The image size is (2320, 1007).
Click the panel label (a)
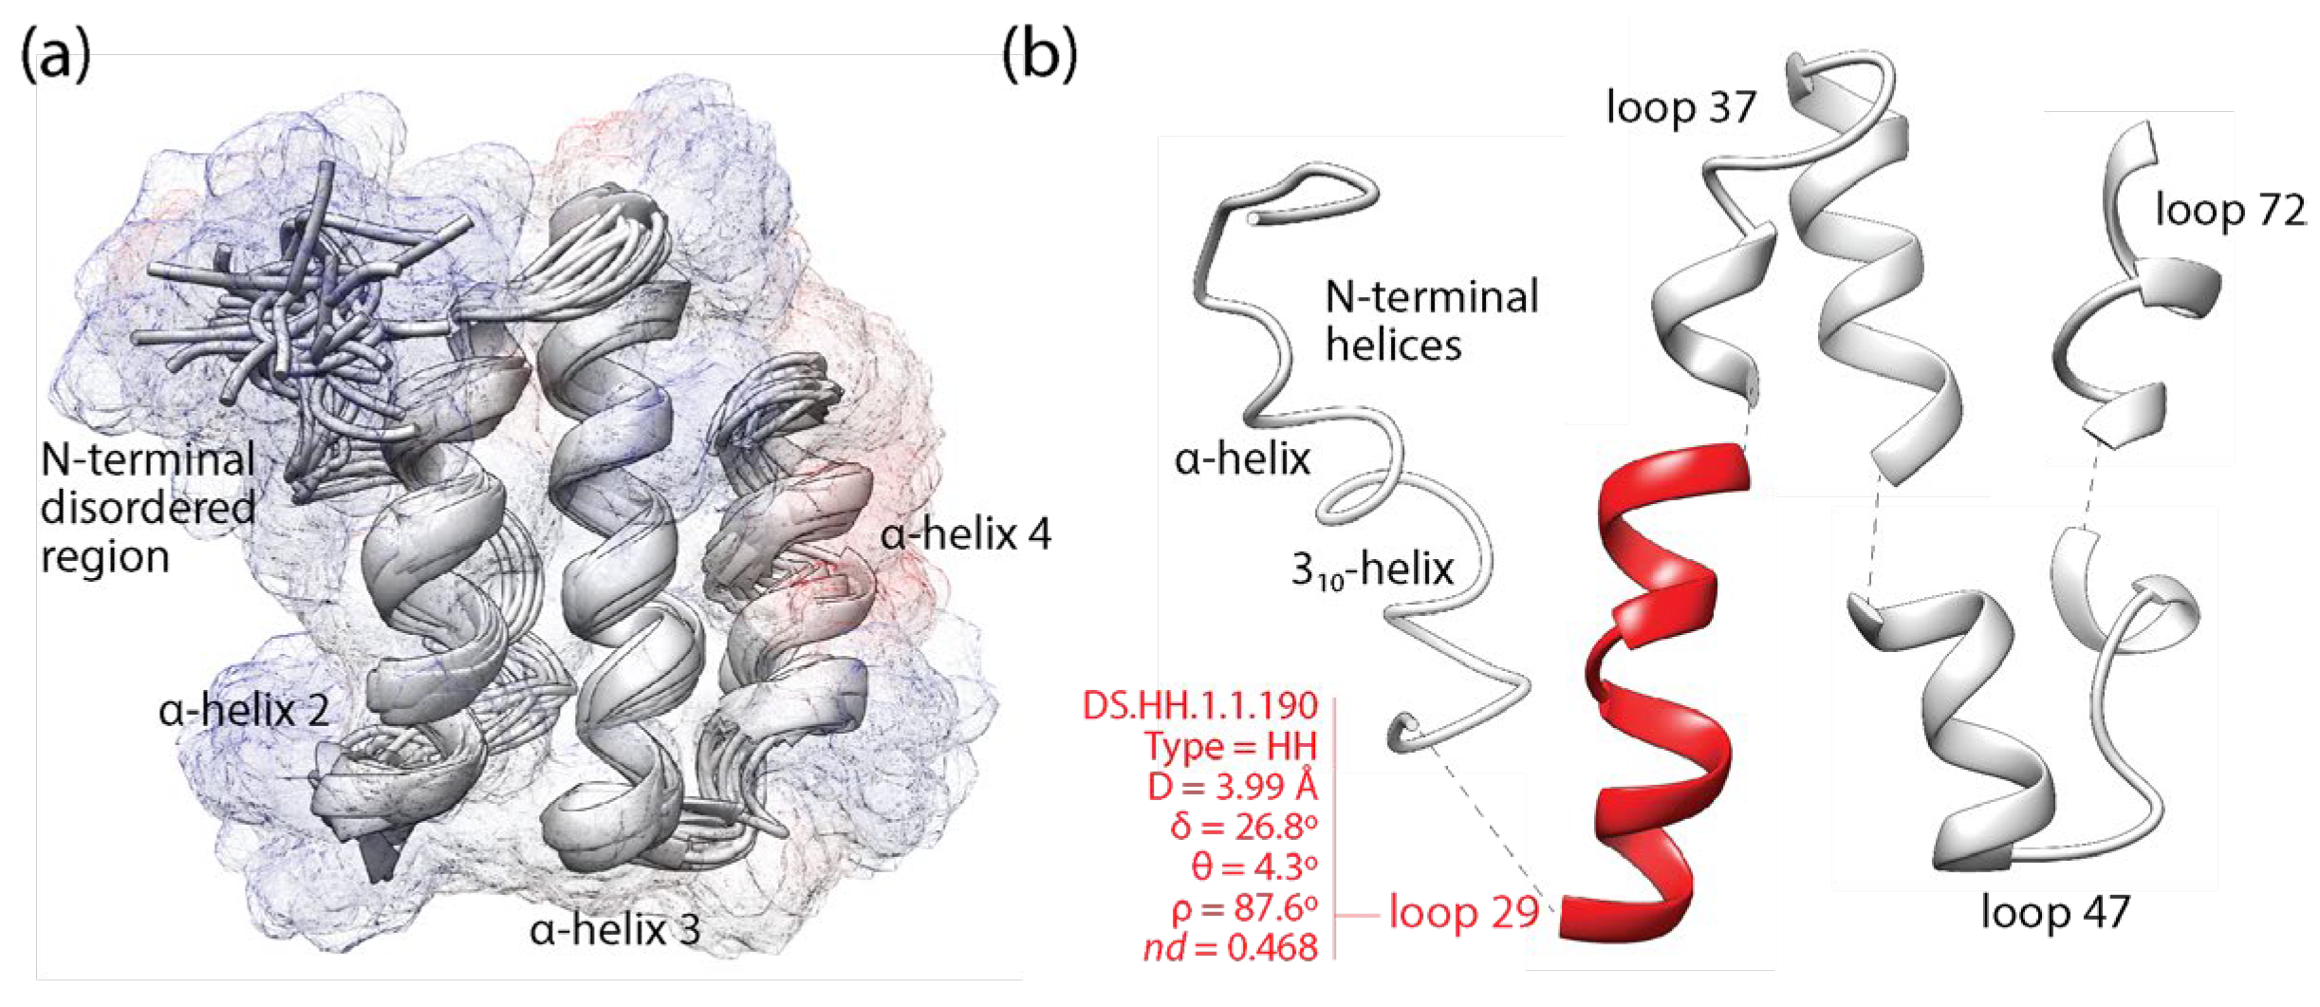[x=56, y=56]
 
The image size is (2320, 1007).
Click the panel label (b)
[x=1040, y=56]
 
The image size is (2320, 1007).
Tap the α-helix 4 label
[x=965, y=534]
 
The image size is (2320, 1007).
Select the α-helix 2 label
[x=244, y=710]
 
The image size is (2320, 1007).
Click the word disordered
[x=148, y=508]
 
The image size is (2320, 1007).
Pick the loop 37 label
[x=1680, y=107]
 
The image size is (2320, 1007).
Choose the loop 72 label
[x=2230, y=210]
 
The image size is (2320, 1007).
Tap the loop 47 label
[x=2055, y=912]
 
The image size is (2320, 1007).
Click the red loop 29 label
[x=1463, y=912]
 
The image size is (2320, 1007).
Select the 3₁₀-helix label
[x=1372, y=570]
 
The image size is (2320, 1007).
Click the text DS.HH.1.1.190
[x=1199, y=705]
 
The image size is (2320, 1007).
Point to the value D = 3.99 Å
[x=1232, y=786]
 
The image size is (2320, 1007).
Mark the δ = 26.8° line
[x=1243, y=827]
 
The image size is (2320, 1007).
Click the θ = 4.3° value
[x=1253, y=867]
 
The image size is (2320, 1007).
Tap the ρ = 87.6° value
[x=1243, y=908]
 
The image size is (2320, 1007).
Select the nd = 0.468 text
[x=1231, y=948]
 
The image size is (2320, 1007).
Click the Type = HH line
[x=1231, y=746]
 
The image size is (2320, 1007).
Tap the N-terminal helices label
[x=1430, y=321]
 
